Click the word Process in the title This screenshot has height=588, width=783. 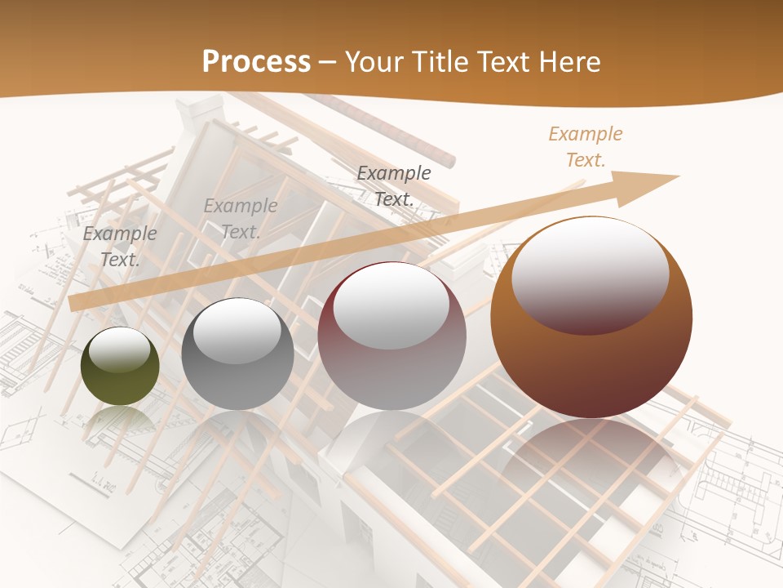pyautogui.click(x=256, y=62)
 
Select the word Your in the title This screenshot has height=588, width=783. pyautogui.click(x=374, y=62)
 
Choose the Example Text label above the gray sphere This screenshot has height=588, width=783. pyautogui.click(x=241, y=219)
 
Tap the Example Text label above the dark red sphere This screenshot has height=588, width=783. pyautogui.click(x=394, y=185)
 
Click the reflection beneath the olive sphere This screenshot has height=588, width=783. pyautogui.click(x=120, y=421)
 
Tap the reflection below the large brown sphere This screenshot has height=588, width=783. pyautogui.click(x=591, y=457)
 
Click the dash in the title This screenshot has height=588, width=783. pyautogui.click(x=328, y=62)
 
